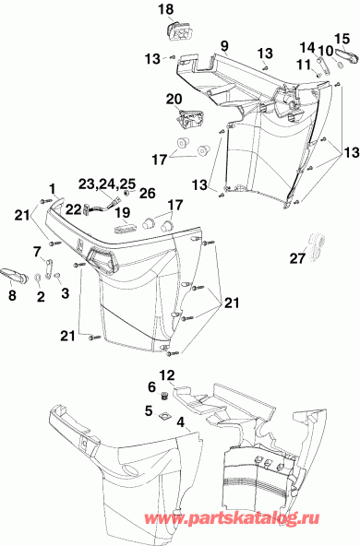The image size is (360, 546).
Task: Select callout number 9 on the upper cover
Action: (223, 45)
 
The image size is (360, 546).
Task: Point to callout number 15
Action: (342, 38)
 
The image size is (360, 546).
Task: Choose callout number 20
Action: (174, 99)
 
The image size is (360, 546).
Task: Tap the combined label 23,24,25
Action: (105, 183)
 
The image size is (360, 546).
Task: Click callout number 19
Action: (123, 211)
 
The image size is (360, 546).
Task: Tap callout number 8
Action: (12, 296)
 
